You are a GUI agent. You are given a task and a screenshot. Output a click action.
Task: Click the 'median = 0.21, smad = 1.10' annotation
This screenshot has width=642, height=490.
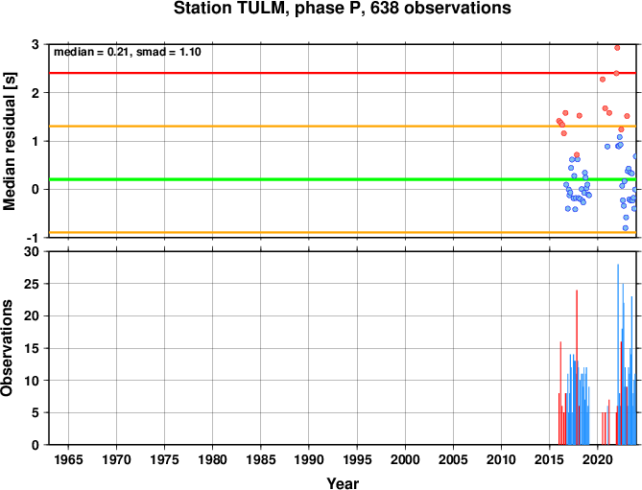pyautogui.click(x=128, y=52)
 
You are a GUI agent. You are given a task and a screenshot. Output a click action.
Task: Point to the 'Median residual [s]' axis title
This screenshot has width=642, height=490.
pyautogui.click(x=10, y=142)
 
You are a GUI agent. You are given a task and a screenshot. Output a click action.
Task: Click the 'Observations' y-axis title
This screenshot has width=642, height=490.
pyautogui.click(x=7, y=348)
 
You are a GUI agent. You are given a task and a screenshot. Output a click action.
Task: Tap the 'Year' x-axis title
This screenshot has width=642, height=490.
pyautogui.click(x=343, y=483)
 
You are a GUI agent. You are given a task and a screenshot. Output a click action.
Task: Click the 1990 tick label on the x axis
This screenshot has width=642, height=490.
pyautogui.click(x=309, y=459)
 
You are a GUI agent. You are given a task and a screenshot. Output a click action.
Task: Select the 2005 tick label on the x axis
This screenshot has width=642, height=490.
pyautogui.click(x=453, y=459)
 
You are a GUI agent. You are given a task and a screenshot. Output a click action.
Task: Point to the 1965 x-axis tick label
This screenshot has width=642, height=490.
pyautogui.click(x=68, y=459)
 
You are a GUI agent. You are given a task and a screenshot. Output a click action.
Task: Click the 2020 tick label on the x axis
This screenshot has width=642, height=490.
pyautogui.click(x=597, y=459)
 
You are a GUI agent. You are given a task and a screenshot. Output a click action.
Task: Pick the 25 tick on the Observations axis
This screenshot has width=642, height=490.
pyautogui.click(x=32, y=284)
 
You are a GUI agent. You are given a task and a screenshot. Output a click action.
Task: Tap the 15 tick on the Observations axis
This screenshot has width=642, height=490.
pyautogui.click(x=32, y=348)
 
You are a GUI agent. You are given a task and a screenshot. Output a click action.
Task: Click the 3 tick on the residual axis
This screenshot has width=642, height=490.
pyautogui.click(x=36, y=44)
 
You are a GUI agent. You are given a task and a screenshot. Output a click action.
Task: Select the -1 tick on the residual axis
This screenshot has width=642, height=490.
pyautogui.click(x=34, y=238)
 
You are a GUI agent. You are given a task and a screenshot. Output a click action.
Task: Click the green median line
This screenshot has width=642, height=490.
pyautogui.click(x=343, y=179)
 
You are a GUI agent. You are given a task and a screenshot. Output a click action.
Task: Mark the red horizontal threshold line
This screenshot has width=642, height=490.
pyautogui.click(x=343, y=73)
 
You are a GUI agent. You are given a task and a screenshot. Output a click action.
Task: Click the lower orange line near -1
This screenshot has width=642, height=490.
pyautogui.click(x=343, y=233)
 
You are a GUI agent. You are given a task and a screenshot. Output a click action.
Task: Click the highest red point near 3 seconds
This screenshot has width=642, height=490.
pyautogui.click(x=617, y=48)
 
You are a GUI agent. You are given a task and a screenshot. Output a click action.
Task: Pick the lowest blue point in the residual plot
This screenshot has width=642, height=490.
pyautogui.click(x=626, y=228)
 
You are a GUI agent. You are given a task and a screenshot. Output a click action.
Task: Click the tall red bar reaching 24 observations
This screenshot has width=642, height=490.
pyautogui.click(x=577, y=367)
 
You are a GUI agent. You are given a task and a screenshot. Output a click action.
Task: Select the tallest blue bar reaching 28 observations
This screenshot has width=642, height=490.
pyautogui.click(x=618, y=354)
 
